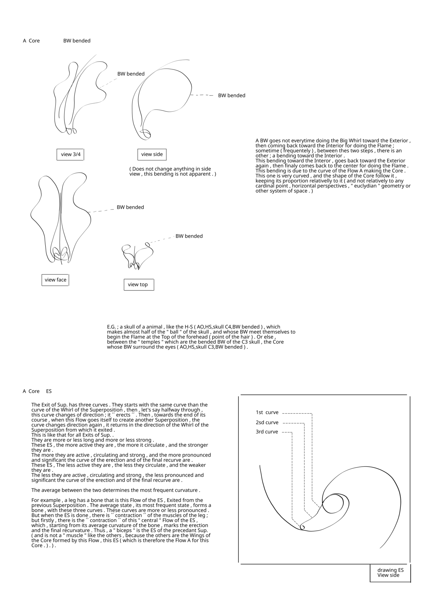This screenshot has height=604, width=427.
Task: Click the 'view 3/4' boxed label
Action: pyautogui.click(x=71, y=154)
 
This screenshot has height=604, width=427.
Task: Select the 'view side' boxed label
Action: pyautogui.click(x=152, y=154)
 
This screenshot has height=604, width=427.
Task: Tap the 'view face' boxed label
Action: pyautogui.click(x=56, y=280)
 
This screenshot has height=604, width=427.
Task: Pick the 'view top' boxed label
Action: pyautogui.click(x=138, y=285)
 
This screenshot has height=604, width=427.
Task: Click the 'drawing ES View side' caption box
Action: pyautogui.click(x=390, y=573)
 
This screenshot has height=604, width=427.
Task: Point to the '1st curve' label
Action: pyautogui.click(x=267, y=413)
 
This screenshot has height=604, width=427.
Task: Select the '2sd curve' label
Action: pyautogui.click(x=267, y=423)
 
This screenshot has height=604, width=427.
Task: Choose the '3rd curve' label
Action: pyautogui.click(x=267, y=432)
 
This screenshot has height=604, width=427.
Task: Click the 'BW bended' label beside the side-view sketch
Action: pyautogui.click(x=232, y=96)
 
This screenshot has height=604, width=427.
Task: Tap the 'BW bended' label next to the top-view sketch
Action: pyautogui.click(x=189, y=236)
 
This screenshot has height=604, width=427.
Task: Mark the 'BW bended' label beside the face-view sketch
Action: pyautogui.click(x=130, y=208)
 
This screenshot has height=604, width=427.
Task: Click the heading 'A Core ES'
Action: pyautogui.click(x=37, y=392)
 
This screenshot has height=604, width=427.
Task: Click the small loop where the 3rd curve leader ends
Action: pyautogui.click(x=302, y=527)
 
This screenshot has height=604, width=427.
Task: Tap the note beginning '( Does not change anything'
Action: pyautogui.click(x=173, y=172)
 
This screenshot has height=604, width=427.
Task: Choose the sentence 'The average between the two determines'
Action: pyautogui.click(x=116, y=490)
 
